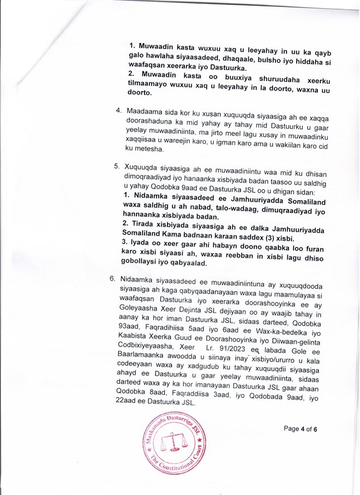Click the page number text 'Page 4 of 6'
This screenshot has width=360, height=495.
(x=300, y=428)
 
